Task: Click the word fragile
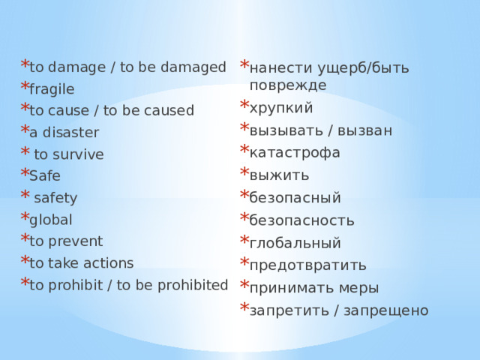[52, 89]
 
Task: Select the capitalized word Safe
[45, 177]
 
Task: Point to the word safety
[56, 198]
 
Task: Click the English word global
[51, 220]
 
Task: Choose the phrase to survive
[69, 155]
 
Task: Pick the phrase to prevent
[66, 241]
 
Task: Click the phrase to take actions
[81, 263]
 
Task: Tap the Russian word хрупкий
[281, 108]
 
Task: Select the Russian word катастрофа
[295, 153]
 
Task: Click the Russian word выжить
[279, 175]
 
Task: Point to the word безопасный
[295, 198]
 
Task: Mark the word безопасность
[302, 220]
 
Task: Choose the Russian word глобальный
[295, 243]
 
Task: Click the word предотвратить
[307, 265]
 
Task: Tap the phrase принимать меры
[314, 288]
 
